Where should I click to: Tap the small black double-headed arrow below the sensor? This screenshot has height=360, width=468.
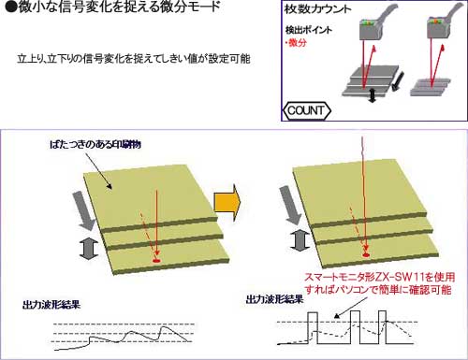(x=373, y=96)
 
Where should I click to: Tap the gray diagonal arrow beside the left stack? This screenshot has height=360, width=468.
(x=83, y=213)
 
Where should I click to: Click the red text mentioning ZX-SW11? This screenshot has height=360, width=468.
(x=381, y=282)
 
